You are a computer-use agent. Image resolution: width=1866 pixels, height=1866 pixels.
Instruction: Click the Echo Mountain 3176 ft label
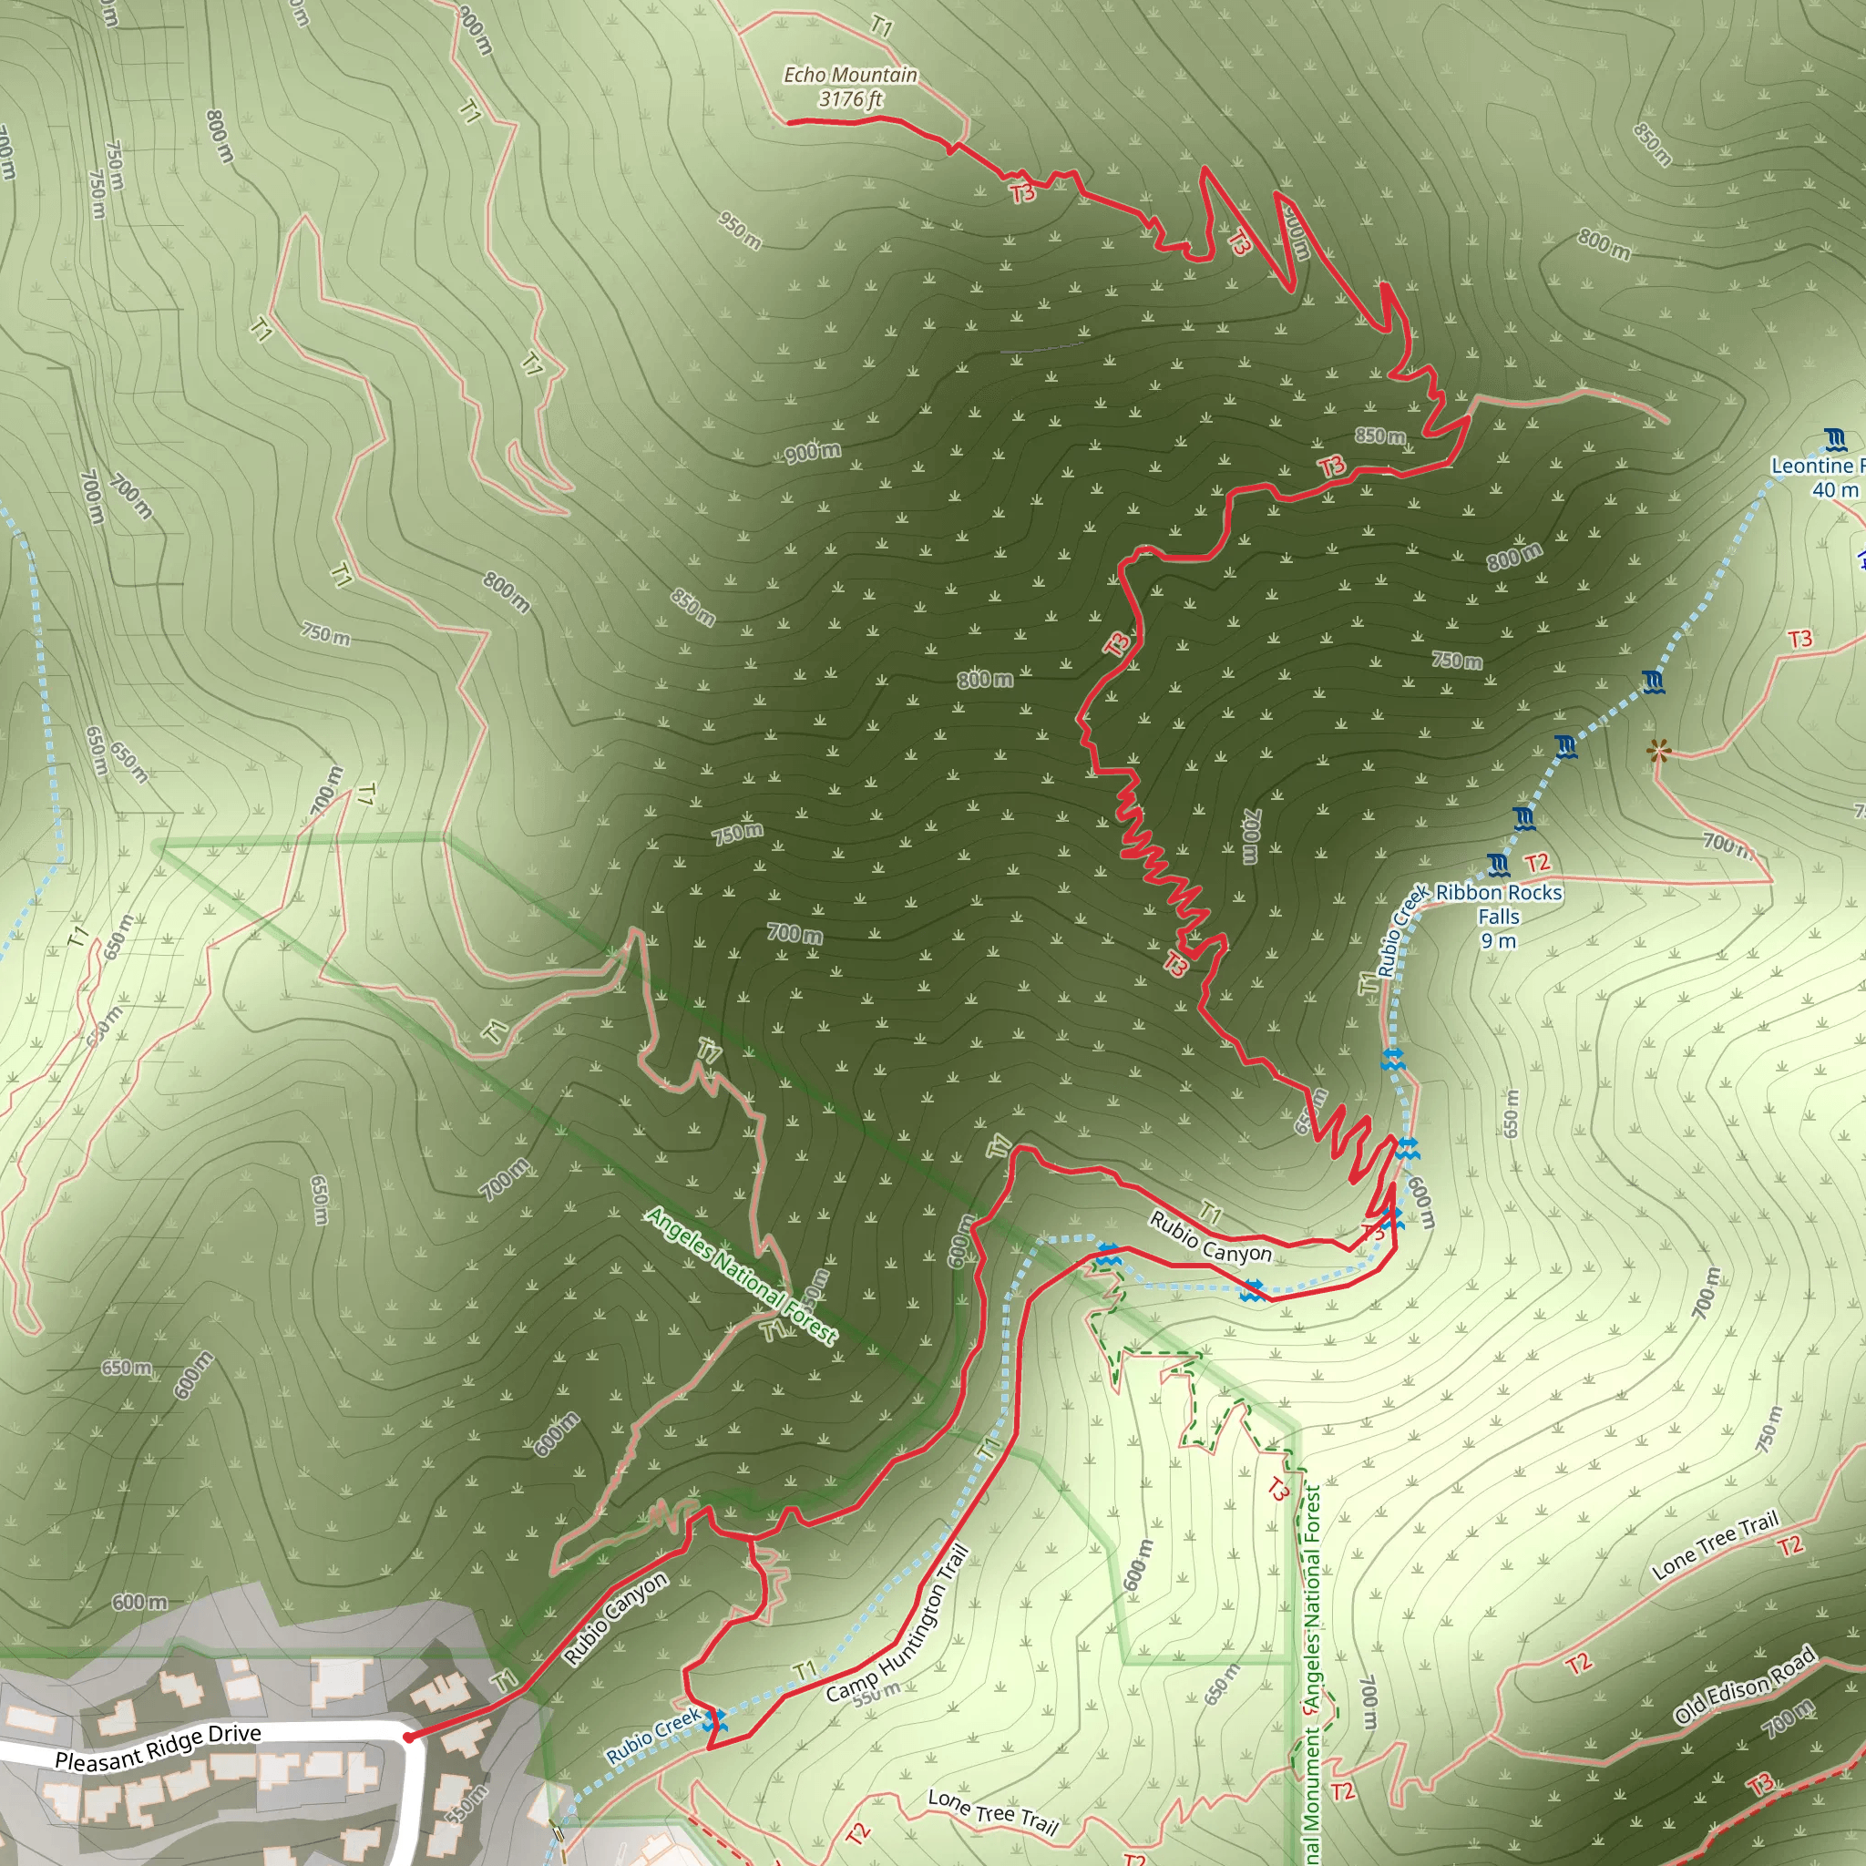850,86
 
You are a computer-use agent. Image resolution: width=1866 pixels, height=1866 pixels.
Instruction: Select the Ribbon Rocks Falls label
1498,904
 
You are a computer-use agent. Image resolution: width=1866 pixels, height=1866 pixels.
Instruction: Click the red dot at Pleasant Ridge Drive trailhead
408,1737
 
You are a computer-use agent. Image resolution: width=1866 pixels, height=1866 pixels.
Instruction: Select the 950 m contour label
740,230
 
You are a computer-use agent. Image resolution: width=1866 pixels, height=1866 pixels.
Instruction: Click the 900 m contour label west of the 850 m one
812,451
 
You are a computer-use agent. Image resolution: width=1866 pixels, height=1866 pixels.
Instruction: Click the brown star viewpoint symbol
1658,751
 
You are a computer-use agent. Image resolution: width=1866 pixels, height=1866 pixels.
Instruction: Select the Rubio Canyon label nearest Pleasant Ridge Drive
615,1619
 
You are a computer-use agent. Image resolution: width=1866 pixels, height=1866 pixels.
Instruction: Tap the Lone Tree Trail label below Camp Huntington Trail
993,1811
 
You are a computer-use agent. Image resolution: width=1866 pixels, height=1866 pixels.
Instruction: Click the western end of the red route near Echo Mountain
788,122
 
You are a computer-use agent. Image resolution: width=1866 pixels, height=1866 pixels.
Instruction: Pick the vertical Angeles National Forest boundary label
1310,1671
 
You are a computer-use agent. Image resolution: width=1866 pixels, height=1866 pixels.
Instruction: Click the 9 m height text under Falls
1498,940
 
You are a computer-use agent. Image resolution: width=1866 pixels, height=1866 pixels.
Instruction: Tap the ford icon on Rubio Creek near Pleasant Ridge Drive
713,1720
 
